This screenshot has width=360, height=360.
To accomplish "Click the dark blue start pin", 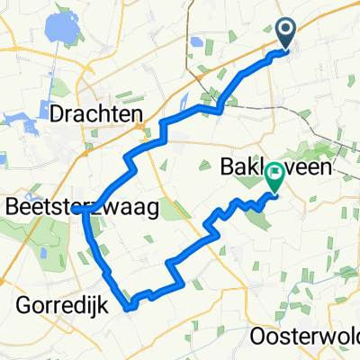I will click(286, 33).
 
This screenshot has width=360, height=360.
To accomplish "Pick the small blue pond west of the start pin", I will click(197, 41).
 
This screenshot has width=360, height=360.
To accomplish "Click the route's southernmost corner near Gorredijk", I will click(132, 308).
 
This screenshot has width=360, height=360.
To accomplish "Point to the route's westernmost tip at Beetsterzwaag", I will click(84, 209).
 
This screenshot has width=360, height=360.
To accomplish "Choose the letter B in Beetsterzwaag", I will click(12, 207).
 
